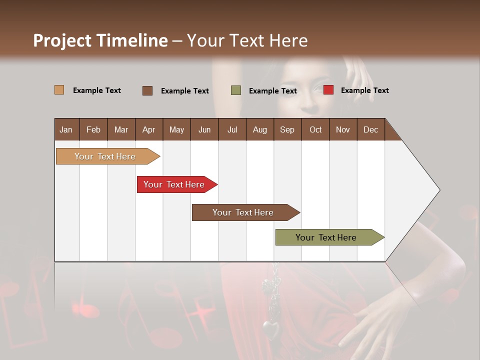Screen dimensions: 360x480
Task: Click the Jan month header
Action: point(66,129)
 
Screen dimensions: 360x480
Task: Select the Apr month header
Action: point(149,129)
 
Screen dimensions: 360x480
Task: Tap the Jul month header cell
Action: point(232,129)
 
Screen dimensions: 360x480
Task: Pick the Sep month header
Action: point(287,129)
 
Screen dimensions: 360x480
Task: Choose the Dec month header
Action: point(370,129)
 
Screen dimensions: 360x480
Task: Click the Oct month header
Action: point(315,129)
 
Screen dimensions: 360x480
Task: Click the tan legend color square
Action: point(59,90)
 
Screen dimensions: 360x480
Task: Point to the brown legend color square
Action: point(147,90)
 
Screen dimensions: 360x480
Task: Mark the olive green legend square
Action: point(236,90)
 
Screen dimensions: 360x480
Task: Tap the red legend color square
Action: point(328,90)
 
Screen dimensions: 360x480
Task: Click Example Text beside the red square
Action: point(364,90)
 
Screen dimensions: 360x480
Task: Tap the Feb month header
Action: point(93,129)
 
